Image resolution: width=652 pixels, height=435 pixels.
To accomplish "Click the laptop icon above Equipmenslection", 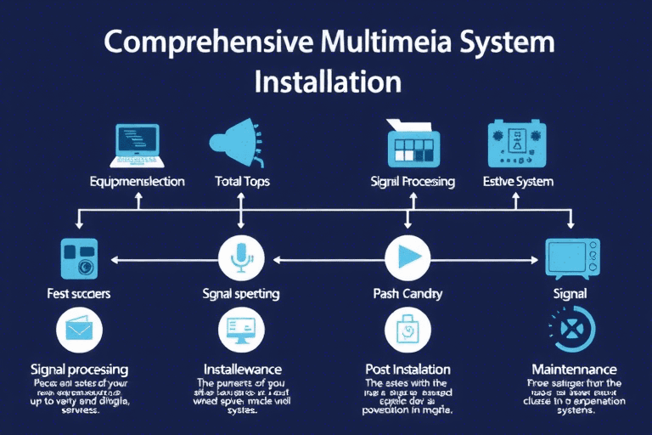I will point(136,145).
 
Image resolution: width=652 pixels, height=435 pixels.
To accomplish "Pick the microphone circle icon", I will point(240,256).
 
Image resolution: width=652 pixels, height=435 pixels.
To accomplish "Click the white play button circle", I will point(407,256).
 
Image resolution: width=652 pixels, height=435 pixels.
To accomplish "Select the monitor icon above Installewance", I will point(240,330).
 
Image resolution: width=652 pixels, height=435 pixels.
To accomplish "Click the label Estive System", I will point(518,181).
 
